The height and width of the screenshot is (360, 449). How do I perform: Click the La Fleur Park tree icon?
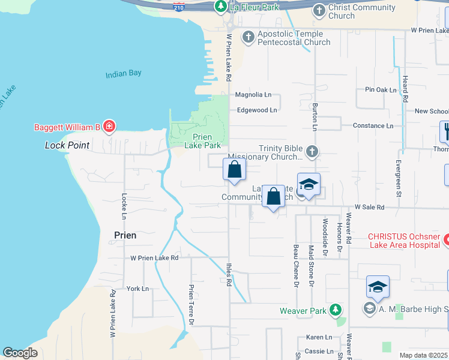[221, 7]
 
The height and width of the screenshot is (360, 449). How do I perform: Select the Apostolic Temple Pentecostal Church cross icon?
[248, 37]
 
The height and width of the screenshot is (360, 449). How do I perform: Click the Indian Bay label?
[123, 74]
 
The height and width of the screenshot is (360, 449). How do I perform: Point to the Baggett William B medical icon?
[109, 126]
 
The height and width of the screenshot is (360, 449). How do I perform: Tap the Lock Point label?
[67, 145]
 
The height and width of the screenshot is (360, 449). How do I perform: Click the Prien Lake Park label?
[202, 141]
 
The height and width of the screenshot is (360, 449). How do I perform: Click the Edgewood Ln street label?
[257, 110]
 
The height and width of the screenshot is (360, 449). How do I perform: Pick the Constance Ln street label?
[373, 125]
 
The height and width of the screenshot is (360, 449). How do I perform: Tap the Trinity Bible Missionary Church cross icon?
[312, 151]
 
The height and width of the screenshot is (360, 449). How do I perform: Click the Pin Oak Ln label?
[381, 90]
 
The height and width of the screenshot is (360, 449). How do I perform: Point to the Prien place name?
[125, 235]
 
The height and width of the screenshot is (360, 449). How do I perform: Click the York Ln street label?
[137, 289]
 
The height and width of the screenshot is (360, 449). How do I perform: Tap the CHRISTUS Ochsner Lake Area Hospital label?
[405, 240]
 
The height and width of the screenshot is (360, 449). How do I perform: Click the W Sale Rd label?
[369, 207]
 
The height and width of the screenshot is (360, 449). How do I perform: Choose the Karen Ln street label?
[319, 337]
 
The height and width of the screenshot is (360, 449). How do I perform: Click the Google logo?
[20, 353]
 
